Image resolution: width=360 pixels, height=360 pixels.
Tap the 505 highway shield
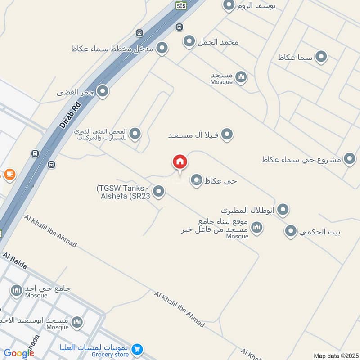coord(181,5)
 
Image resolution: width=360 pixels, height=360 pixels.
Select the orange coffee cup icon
coord(9,174)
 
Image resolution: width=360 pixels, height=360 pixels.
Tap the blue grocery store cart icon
coord(137,348)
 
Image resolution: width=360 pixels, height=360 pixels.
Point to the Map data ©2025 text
coord(335,356)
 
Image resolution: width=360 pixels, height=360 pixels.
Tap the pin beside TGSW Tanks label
coord(158,191)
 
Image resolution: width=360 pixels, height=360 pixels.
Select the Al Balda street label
coord(15,261)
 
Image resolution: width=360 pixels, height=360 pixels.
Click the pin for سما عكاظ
coord(321,57)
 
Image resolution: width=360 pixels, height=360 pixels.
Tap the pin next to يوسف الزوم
coord(229,5)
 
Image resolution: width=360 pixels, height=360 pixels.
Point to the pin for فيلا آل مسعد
coord(227,134)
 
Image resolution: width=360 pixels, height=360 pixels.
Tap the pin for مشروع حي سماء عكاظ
coord(349,158)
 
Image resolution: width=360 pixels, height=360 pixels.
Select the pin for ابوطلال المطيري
coord(283,209)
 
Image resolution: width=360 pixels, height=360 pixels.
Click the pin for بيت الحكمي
coord(291,231)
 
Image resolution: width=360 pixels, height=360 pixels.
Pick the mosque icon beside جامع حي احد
coord(17,290)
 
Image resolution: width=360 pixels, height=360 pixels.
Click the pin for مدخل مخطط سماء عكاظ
coord(162,48)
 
